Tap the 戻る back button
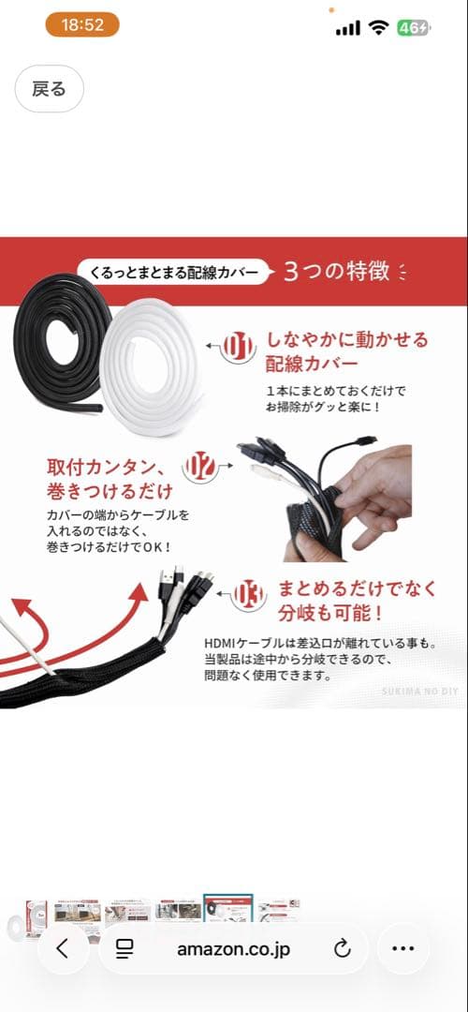49,88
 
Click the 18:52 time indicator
81,25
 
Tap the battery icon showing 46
414,28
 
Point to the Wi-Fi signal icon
378,28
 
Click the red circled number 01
238,347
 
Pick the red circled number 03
249,594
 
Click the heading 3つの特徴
337,272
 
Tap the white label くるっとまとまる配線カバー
172,272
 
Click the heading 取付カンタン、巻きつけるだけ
110,478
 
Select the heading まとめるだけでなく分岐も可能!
358,601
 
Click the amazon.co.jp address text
233,948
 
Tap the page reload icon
342,948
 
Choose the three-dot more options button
402,948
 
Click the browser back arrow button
63,948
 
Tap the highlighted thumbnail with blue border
228,911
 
